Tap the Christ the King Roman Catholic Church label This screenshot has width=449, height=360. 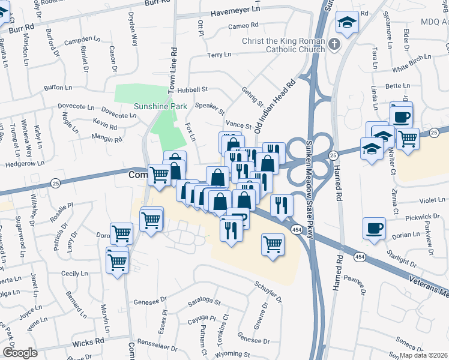pos(283,45)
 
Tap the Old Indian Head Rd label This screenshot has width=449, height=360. pos(276,106)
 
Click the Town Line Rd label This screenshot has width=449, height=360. pos(172,70)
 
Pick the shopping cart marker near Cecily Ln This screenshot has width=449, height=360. pos(117,260)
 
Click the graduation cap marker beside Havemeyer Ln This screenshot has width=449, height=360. pos(346,23)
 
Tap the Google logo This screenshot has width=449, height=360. pos(19,353)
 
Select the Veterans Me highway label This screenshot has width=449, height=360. pos(427,286)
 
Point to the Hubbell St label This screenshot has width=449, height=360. pos(192,89)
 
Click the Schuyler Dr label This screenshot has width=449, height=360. pos(268,290)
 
